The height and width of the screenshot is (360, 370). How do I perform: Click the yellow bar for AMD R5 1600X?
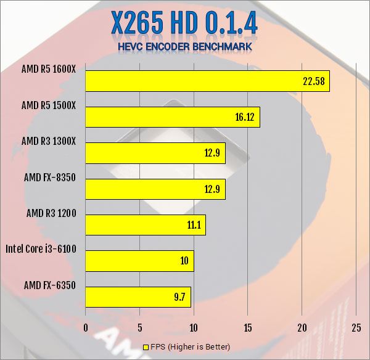(x=207, y=81)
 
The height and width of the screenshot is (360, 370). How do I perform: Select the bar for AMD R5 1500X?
(x=172, y=117)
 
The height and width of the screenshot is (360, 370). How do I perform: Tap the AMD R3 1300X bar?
(x=155, y=153)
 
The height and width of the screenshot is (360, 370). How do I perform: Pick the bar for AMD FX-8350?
(x=155, y=189)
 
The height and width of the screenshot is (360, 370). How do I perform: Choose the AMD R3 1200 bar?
(x=145, y=225)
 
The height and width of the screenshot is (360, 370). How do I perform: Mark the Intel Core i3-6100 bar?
(x=139, y=261)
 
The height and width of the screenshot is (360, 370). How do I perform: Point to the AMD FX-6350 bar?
(x=138, y=297)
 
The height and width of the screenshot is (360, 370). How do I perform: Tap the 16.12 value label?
(x=245, y=117)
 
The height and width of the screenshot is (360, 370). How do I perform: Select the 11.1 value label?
(x=194, y=225)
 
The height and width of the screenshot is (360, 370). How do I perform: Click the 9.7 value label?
(x=180, y=297)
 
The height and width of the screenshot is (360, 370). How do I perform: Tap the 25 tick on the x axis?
(x=356, y=327)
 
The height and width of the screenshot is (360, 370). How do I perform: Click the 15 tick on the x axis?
(x=248, y=327)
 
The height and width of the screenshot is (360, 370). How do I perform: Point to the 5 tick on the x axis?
(x=139, y=327)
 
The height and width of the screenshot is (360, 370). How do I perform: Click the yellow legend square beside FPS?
(x=146, y=348)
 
